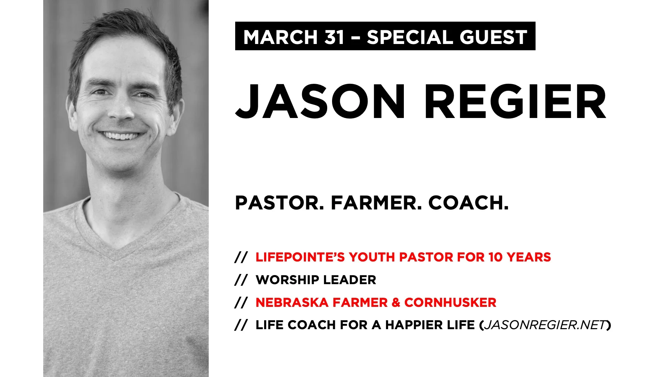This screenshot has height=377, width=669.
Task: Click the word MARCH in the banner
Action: (280, 37)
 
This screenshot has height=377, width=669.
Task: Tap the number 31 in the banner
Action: (334, 37)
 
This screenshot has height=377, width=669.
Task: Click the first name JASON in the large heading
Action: (320, 102)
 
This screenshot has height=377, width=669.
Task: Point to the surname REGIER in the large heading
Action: (515, 102)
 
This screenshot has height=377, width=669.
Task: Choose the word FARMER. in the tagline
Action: (376, 203)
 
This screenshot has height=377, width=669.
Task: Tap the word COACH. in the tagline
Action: (468, 203)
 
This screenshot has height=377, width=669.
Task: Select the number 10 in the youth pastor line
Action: (495, 257)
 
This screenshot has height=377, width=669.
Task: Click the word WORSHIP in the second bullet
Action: (287, 280)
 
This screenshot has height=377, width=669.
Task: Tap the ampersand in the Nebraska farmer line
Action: (396, 303)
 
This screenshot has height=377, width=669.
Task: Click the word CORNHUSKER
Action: (450, 303)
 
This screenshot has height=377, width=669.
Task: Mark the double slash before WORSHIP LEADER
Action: (241, 280)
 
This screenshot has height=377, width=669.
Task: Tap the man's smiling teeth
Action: (120, 135)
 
